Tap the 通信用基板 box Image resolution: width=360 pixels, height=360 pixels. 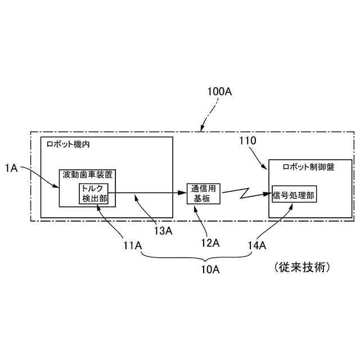[x=204, y=194]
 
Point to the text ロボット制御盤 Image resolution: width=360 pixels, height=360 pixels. [x=308, y=168]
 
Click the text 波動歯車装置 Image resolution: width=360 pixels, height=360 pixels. [x=88, y=175]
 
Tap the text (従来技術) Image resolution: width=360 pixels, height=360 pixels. [x=301, y=266]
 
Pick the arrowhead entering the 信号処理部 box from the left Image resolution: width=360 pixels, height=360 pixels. [x=269, y=195]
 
